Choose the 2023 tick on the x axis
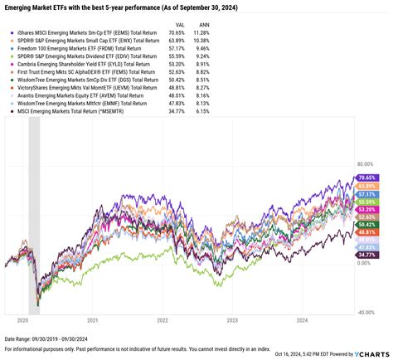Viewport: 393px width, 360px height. pyautogui.click(x=232, y=319)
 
